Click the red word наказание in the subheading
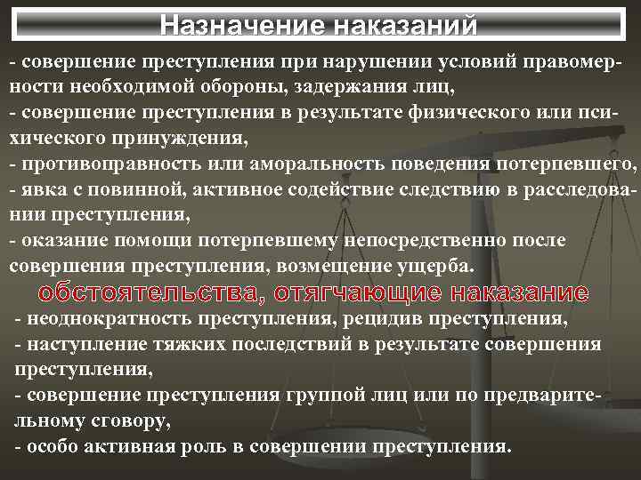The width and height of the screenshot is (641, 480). (520, 292)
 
